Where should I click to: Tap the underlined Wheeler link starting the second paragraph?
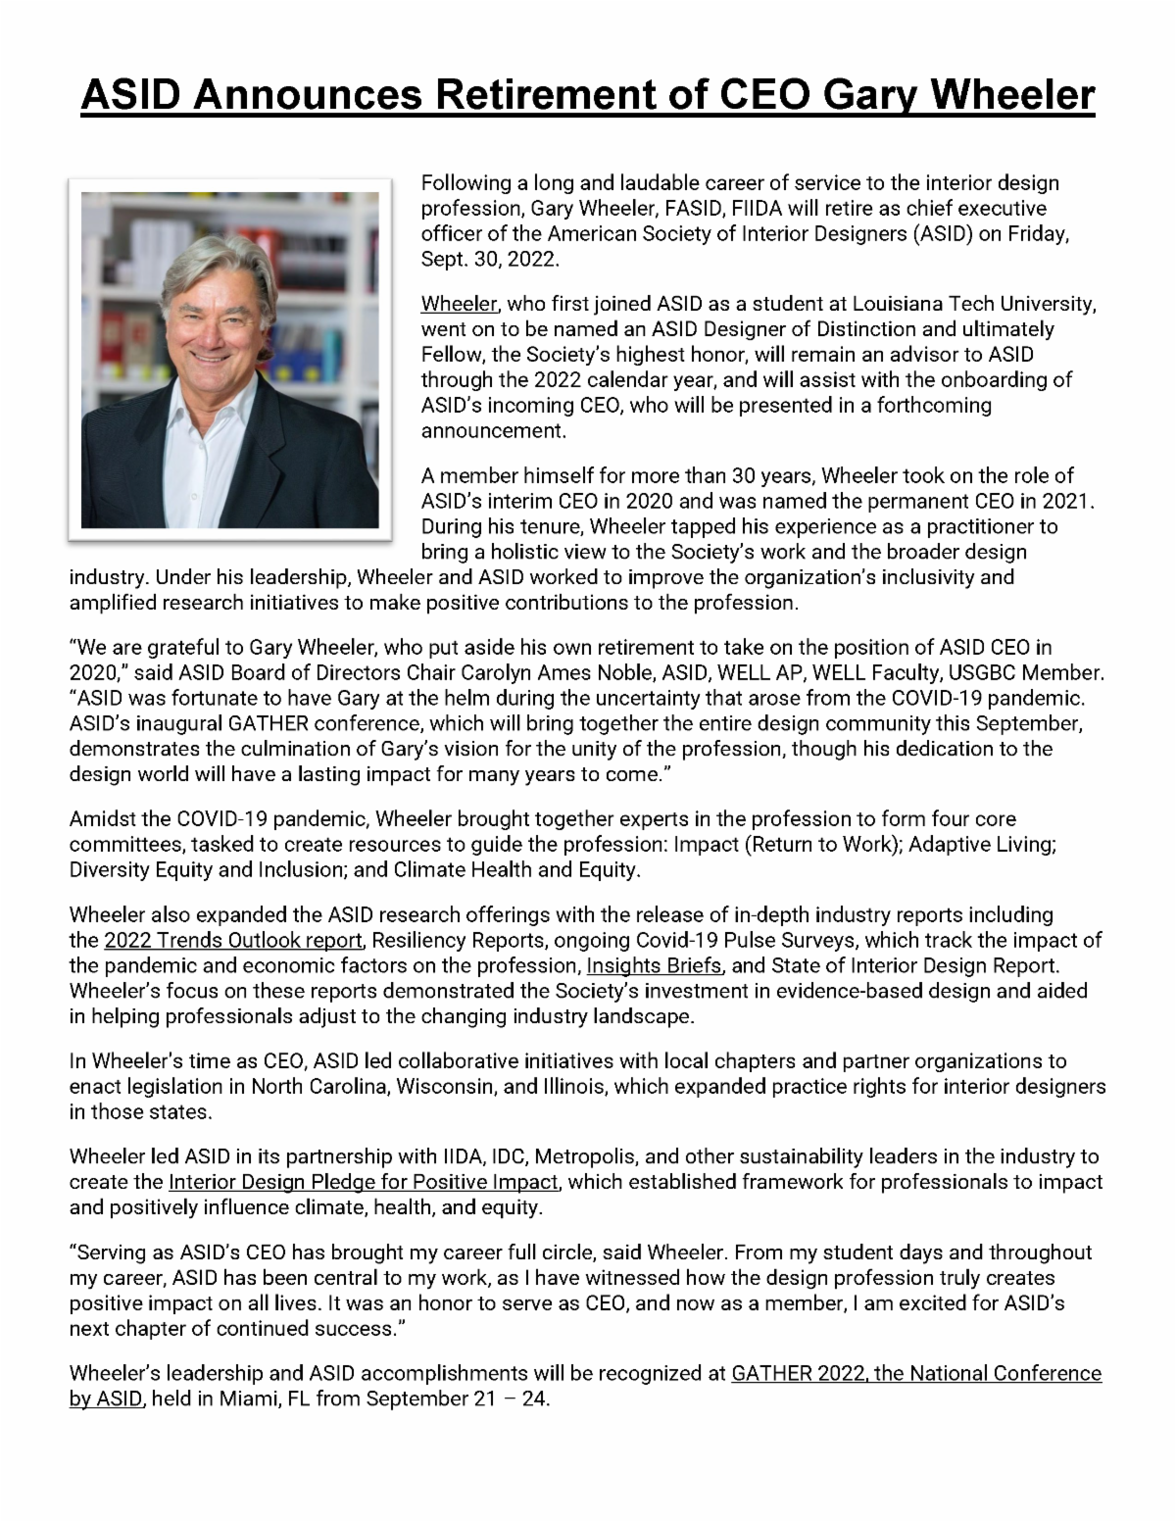click(x=458, y=304)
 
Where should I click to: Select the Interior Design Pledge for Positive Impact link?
click(x=364, y=1182)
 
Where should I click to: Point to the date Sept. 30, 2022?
click(x=489, y=260)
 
